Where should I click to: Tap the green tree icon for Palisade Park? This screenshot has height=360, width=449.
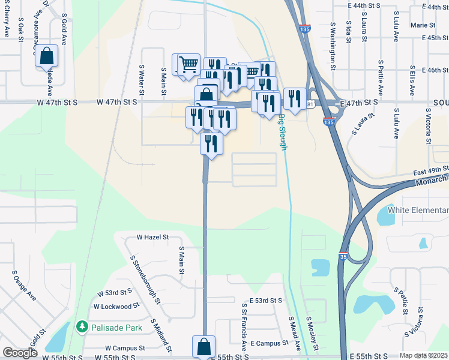tap(82, 327)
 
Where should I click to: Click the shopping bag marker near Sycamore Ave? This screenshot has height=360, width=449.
tap(46, 56)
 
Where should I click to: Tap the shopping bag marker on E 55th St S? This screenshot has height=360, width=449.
tap(203, 347)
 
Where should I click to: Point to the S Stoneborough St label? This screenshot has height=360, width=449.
tap(145, 275)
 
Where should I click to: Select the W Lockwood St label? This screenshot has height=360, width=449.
tap(116, 306)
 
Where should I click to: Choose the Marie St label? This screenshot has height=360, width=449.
tap(423, 25)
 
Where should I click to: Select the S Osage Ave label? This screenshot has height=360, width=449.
tap(25, 285)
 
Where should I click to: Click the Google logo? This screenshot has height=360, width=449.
tap(20, 353)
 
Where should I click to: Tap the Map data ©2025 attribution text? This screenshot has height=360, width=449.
tap(424, 355)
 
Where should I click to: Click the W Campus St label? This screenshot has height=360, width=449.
tap(125, 347)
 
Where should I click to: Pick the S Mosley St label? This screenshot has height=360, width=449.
tap(312, 333)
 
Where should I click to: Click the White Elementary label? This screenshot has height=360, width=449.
tap(418, 210)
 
